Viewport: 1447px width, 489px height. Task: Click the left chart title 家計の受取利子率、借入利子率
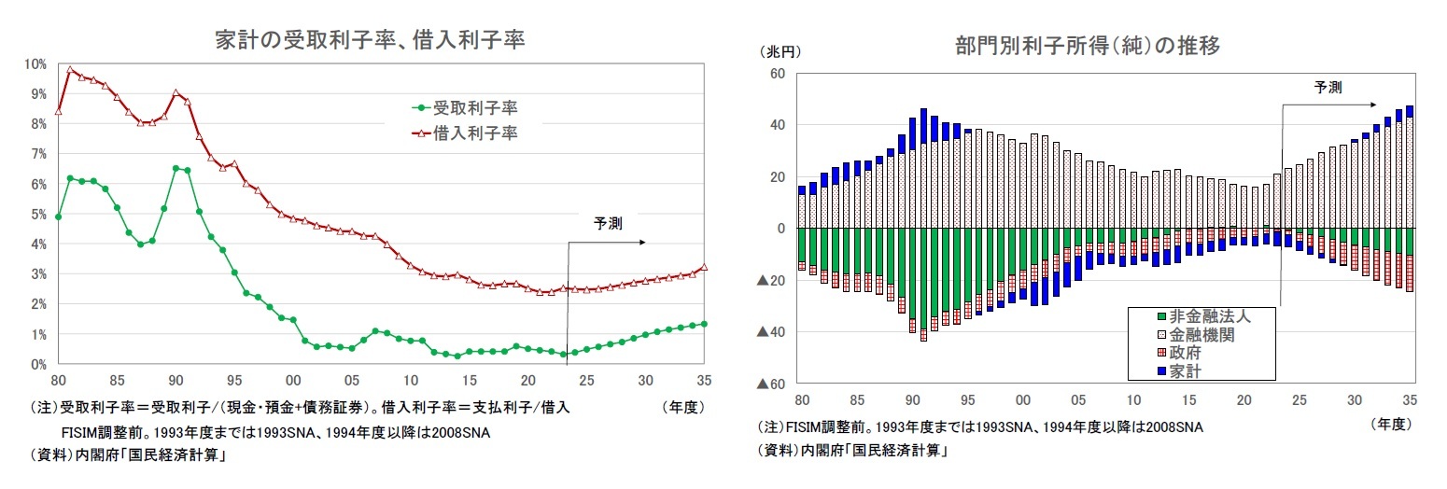click(370, 40)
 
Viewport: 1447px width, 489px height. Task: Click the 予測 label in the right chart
click(1328, 88)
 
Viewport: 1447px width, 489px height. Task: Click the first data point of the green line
click(58, 217)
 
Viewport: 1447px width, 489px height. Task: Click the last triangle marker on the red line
click(704, 267)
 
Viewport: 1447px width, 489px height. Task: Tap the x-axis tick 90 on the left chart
click(176, 381)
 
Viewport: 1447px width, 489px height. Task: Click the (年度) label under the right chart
click(1390, 423)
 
